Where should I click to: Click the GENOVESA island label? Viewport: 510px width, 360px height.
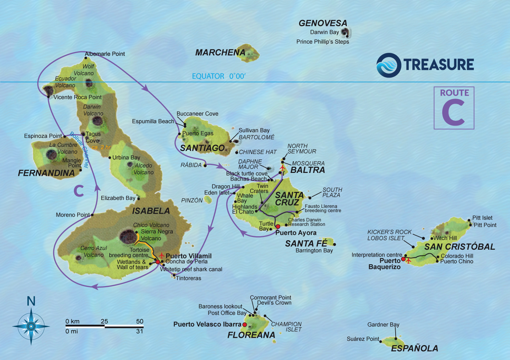pos(323,23)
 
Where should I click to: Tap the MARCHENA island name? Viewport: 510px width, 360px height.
pos(220,53)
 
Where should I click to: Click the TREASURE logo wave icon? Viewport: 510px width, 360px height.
pos(388,65)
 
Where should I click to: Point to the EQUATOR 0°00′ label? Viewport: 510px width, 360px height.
pos(219,76)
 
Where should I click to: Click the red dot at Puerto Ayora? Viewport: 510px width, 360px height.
pos(278,226)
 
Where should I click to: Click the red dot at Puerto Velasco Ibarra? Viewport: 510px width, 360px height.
pos(244,325)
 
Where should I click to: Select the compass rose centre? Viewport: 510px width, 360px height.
pos(31,327)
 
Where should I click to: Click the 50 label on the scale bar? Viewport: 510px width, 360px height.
pos(140,321)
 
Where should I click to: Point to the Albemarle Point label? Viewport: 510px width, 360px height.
pos(105,54)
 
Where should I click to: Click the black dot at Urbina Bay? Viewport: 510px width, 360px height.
pos(110,158)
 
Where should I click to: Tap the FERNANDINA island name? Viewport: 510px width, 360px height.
pos(46,173)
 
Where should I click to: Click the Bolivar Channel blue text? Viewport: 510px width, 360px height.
pos(79,149)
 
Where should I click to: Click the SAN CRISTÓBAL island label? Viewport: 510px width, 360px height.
pos(460,247)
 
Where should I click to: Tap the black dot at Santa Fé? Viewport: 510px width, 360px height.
pos(334,244)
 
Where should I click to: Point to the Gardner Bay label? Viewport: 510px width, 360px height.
pos(383,324)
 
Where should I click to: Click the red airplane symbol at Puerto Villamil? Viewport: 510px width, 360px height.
pos(161,256)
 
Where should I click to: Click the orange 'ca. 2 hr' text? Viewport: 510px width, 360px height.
pos(101,147)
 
